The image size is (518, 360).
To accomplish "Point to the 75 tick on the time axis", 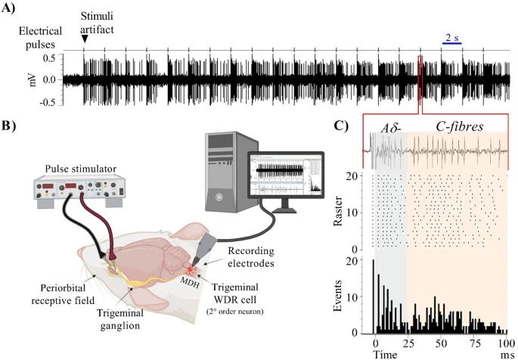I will pyautogui.click(x=473, y=342).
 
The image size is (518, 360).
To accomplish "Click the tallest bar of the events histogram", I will pyautogui.click(x=374, y=296).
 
